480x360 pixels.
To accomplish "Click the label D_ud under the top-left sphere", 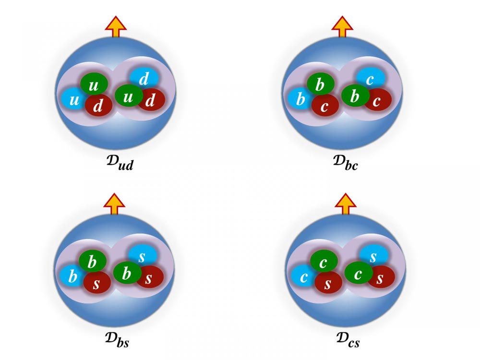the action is pyautogui.click(x=120, y=163).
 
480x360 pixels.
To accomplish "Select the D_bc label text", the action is pyautogui.click(x=345, y=163).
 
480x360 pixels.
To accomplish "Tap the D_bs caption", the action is pyautogui.click(x=117, y=340).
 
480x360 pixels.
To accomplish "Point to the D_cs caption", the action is pyautogui.click(x=348, y=340).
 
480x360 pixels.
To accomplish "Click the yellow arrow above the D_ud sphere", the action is pyautogui.click(x=116, y=26).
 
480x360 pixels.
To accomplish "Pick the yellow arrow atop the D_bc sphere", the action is pyautogui.click(x=342, y=26).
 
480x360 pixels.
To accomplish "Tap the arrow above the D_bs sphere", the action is pyautogui.click(x=114, y=204).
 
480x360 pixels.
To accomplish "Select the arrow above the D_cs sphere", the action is pyautogui.click(x=346, y=204).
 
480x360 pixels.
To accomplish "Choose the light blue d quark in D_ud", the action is pyautogui.click(x=144, y=78).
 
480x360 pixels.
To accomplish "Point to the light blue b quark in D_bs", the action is pyautogui.click(x=72, y=276).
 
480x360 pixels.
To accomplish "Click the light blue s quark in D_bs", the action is pyautogui.click(x=143, y=256).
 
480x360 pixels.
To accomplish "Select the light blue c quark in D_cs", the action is pyautogui.click(x=303, y=277).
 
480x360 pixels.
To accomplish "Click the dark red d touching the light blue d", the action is pyautogui.click(x=151, y=100).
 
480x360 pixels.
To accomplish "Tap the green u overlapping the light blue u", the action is pyautogui.click(x=94, y=84).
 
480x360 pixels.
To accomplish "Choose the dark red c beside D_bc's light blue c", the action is pyautogui.click(x=378, y=100).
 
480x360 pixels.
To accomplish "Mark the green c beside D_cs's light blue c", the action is pyautogui.click(x=324, y=261).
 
